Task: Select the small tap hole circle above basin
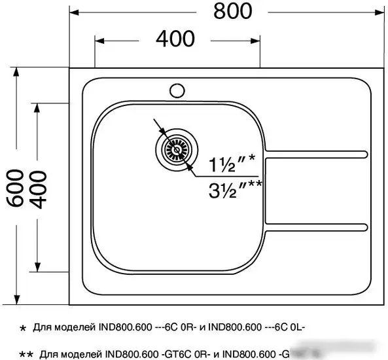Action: coord(177,89)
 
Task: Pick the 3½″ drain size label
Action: coord(234,190)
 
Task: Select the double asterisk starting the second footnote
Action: coord(26,354)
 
